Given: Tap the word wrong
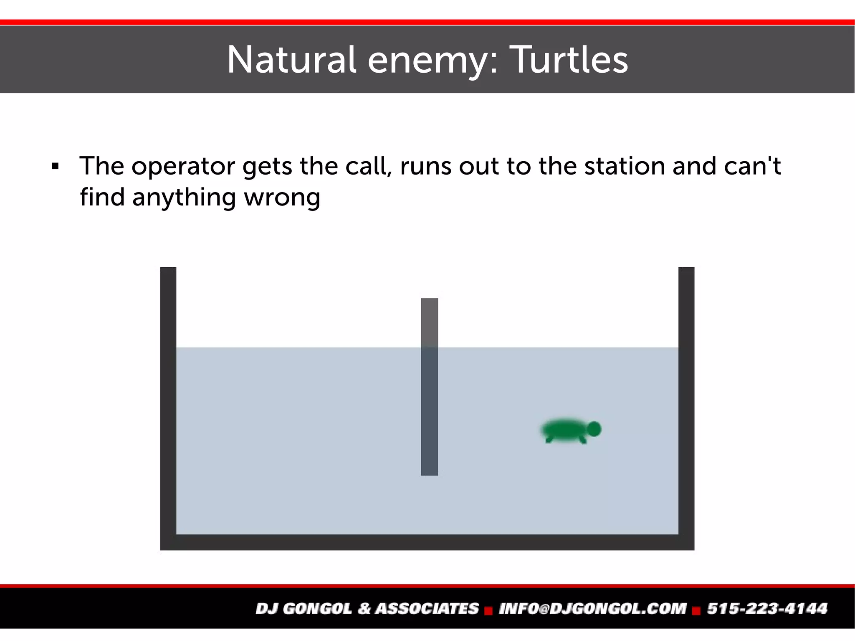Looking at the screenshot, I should pos(282,197).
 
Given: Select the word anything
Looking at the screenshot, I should pos(184,197).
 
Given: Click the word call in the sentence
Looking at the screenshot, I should pos(369,166).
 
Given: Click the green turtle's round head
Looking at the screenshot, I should pos(594,429).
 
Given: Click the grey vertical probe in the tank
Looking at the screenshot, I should pos(429,386).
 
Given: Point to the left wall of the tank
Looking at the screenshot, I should pos(168,401).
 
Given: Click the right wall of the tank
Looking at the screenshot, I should pos(686,401).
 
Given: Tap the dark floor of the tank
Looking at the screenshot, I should pos(427,542).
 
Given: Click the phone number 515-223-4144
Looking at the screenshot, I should pos(767,608).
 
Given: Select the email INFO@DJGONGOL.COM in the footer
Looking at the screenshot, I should pos(592,608).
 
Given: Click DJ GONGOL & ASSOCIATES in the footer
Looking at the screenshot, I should pos(367,608).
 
